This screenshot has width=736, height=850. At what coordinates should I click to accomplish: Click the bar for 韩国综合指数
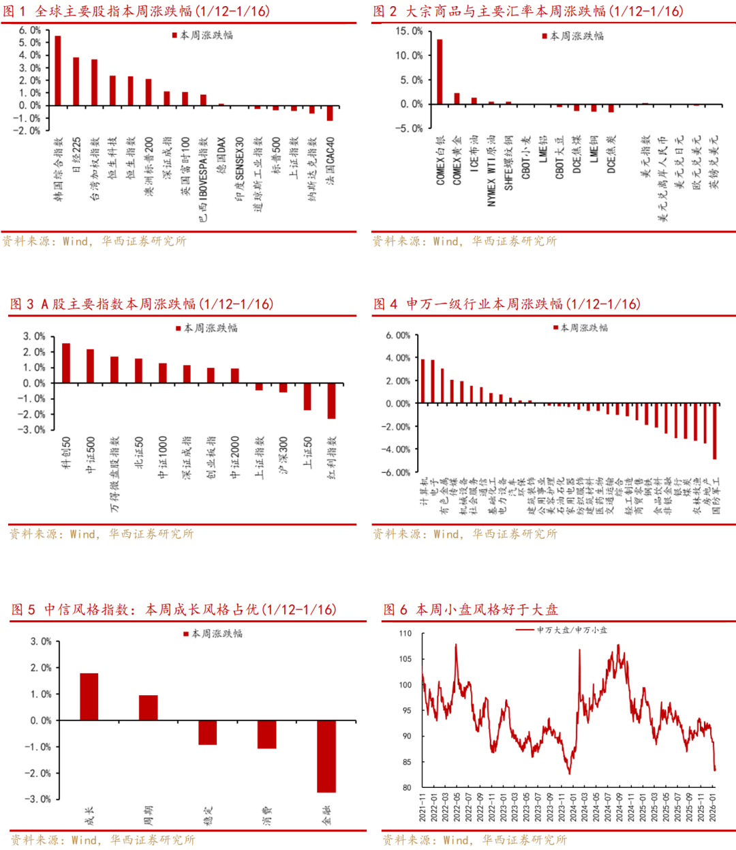(x=58, y=70)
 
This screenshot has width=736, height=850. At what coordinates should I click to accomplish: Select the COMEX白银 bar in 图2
(x=440, y=72)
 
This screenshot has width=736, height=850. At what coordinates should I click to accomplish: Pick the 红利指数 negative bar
(x=332, y=400)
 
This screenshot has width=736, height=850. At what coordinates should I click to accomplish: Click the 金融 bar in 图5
(x=326, y=756)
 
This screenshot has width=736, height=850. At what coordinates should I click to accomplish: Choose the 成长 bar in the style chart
(x=89, y=697)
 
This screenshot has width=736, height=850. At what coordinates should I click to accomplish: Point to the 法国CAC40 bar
(x=330, y=113)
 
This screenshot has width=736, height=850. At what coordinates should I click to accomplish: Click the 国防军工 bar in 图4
(x=715, y=431)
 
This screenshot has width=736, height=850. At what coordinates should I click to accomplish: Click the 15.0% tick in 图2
(x=409, y=31)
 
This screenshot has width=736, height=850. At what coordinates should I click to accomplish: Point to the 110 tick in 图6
(x=405, y=634)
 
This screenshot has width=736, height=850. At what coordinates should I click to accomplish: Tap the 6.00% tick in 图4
(x=398, y=336)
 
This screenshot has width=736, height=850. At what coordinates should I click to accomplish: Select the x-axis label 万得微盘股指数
(x=114, y=474)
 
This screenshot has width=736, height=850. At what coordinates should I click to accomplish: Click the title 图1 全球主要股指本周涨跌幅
(x=136, y=11)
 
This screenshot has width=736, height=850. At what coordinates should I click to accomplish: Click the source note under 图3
(x=102, y=534)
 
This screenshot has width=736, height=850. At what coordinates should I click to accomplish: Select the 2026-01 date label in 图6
(x=712, y=806)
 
